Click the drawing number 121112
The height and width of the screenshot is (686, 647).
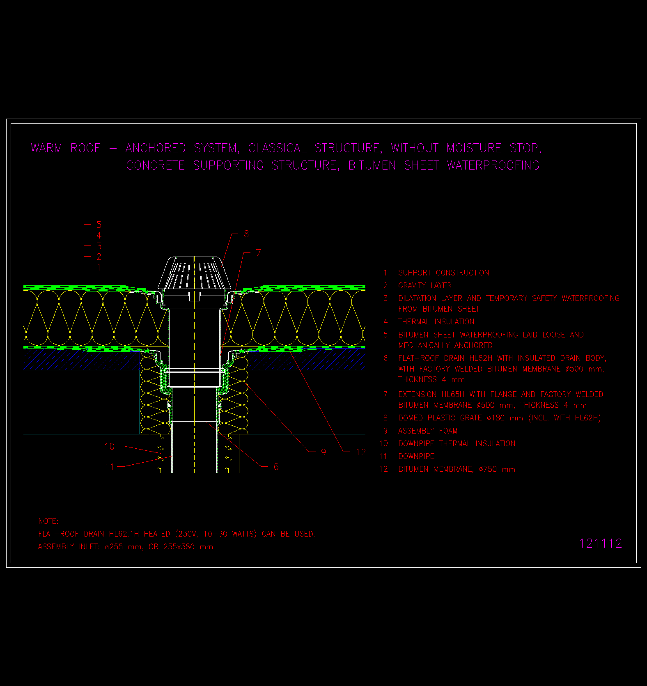tap(601, 544)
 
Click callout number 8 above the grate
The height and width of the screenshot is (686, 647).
tap(246, 234)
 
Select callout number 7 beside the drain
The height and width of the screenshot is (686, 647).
tap(258, 253)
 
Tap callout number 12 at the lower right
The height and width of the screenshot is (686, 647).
tap(361, 452)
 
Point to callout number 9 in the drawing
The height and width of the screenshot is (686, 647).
tap(323, 452)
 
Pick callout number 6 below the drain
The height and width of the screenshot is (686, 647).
tap(276, 467)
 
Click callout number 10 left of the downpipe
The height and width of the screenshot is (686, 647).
tap(109, 447)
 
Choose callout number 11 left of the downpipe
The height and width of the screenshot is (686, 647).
tap(109, 467)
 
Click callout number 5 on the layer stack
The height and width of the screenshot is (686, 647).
tap(99, 225)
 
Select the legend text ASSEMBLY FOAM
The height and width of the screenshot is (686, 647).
tap(428, 431)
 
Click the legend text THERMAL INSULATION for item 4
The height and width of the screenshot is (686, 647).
tap(436, 322)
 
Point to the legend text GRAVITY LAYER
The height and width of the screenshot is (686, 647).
tap(425, 286)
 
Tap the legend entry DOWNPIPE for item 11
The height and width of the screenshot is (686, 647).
tap(416, 457)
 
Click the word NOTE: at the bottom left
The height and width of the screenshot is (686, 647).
tap(48, 521)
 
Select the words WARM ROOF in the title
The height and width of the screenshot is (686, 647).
tap(66, 148)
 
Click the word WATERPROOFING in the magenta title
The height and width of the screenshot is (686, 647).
tap(493, 165)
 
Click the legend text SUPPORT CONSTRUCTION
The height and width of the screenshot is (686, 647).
tap(443, 273)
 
